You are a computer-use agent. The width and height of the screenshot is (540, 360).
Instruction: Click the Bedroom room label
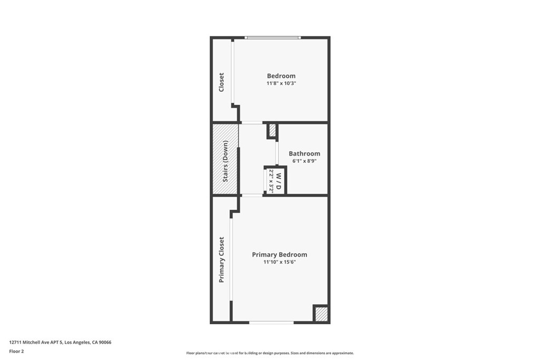(281, 76)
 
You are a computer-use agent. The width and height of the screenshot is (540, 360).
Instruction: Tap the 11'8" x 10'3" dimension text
(281, 83)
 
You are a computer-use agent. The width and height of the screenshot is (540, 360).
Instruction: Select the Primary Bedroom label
(279, 255)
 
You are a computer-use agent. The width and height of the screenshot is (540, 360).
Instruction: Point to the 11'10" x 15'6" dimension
(279, 262)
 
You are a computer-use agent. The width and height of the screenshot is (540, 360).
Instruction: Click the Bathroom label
(304, 153)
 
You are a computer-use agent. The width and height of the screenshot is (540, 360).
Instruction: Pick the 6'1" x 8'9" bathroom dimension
(304, 161)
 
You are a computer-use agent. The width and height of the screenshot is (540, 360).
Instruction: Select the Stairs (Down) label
(225, 161)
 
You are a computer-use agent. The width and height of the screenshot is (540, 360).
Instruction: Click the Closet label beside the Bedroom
(221, 82)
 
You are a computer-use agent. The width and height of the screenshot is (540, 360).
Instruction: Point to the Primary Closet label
(221, 260)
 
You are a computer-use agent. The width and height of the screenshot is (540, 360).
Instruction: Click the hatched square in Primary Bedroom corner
(321, 314)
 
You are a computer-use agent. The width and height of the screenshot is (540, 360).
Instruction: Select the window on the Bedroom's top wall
(273, 37)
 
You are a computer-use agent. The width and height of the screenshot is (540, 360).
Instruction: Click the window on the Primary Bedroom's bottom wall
(272, 323)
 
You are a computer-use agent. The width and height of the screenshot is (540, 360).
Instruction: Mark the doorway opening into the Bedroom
(252, 122)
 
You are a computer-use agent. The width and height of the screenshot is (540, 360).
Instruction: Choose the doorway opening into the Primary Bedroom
(252, 196)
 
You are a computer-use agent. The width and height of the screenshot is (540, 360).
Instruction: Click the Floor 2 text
(16, 352)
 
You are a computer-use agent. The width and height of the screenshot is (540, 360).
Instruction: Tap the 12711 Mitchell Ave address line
(60, 343)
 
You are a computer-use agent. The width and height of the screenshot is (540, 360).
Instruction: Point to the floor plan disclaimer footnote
(270, 353)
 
